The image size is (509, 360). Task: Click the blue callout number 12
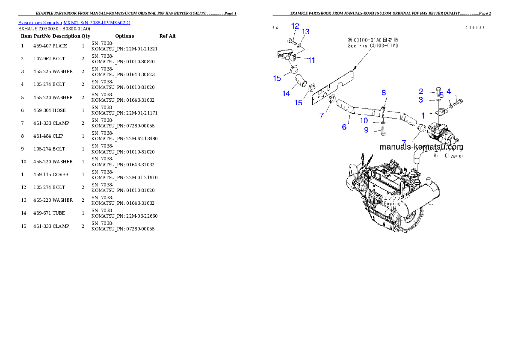pyautogui.click(x=295, y=26)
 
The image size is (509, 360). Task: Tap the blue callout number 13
pyautogui.click(x=305, y=32)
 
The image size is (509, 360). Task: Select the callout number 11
pyautogui.click(x=311, y=60)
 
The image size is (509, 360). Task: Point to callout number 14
pyautogui.click(x=286, y=94)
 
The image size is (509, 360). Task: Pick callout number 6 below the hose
pyautogui.click(x=344, y=127)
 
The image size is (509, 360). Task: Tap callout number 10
pyautogui.click(x=364, y=121)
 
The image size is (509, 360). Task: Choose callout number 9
pyautogui.click(x=366, y=130)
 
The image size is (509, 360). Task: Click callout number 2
pyautogui.click(x=421, y=91)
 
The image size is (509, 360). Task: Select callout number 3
pyautogui.click(x=421, y=100)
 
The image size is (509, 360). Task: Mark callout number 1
pyautogui.click(x=423, y=115)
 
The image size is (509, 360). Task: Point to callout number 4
pyautogui.click(x=448, y=91)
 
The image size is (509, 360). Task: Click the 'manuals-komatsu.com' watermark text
pyautogui.click(x=421, y=147)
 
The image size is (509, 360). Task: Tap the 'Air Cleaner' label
pyautogui.click(x=449, y=156)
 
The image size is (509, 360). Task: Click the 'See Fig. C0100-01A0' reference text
pyautogui.click(x=373, y=45)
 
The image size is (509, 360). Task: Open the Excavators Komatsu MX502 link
pyautogui.click(x=74, y=22)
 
